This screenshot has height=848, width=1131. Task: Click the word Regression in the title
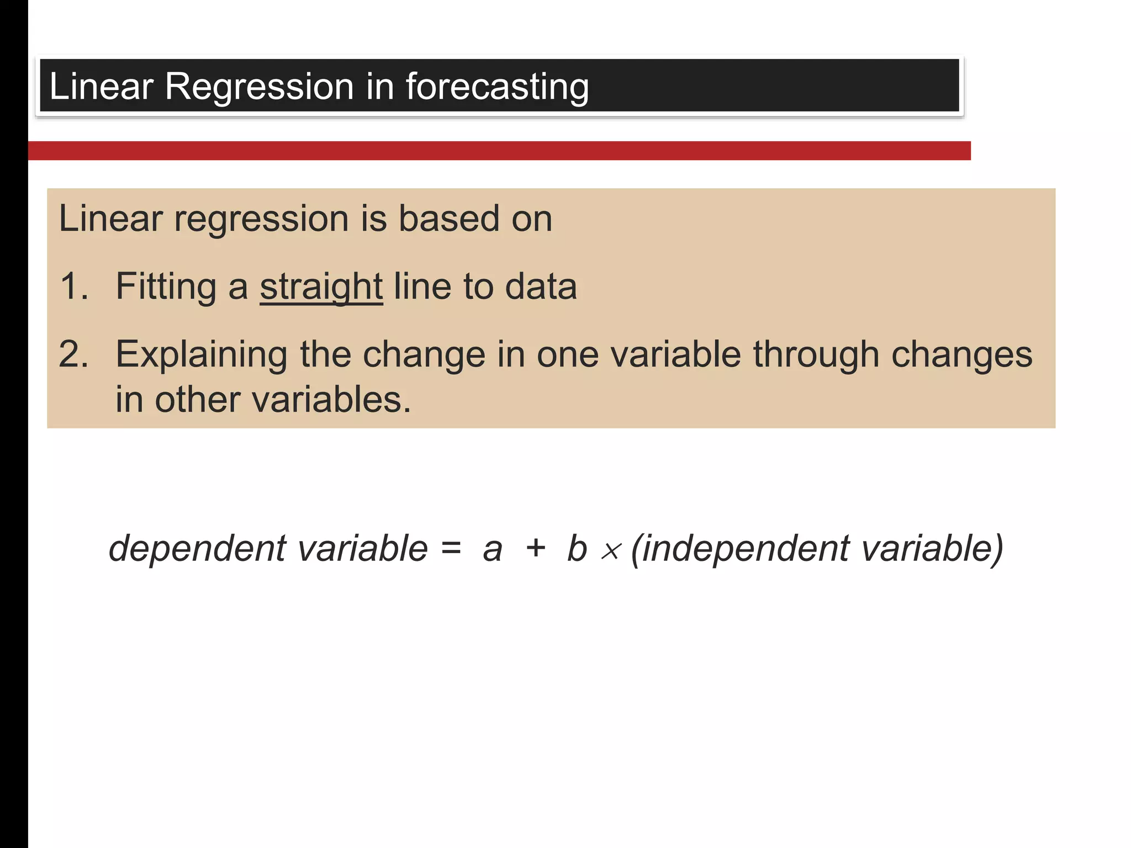click(258, 87)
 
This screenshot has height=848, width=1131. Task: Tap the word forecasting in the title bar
click(497, 87)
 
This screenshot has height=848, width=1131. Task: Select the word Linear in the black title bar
click(101, 87)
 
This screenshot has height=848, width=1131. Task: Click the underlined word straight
click(321, 287)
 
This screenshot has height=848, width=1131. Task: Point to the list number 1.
click(73, 287)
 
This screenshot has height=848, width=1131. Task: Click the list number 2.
click(73, 354)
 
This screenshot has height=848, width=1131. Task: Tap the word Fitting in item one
click(166, 287)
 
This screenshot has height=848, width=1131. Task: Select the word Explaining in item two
click(201, 354)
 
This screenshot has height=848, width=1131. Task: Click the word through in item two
click(816, 354)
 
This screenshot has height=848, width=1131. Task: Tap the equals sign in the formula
click(451, 549)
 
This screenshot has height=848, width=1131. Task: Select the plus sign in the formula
click(535, 549)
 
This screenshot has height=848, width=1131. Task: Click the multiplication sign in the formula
click(611, 551)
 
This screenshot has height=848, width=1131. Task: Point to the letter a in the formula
click(492, 550)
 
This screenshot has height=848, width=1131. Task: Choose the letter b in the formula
click(577, 549)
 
